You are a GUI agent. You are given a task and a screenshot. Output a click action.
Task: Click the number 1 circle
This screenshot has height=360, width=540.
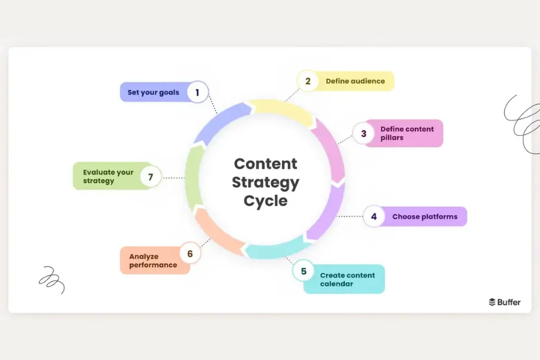coord(197,92)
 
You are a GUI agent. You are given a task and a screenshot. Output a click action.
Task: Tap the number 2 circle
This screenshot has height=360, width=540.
coord(308,81)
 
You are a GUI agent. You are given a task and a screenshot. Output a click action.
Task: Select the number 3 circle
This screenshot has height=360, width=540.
coord(363,134)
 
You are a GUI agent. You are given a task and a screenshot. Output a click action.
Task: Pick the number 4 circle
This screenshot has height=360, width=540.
coord(374,217)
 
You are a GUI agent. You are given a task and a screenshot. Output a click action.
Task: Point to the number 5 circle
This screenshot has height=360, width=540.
coord(303,271)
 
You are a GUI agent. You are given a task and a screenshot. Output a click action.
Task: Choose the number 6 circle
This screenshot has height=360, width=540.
coord(190,253)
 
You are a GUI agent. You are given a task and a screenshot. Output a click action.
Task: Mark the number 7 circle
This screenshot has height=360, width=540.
coord(150,177)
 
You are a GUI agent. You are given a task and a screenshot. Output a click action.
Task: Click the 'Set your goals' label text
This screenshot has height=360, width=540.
coord(153,92)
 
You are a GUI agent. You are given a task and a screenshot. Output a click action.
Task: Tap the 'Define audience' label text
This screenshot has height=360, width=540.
coord(355,81)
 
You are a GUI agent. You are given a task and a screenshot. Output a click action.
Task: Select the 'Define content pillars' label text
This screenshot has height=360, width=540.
coord(407,134)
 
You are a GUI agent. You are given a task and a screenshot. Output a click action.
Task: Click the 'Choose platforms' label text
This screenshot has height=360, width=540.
coord(425,217)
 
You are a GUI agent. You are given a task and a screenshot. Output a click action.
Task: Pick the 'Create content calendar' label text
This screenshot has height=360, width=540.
coord(347,279)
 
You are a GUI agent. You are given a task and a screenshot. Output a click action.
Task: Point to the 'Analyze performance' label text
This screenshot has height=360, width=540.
coord(153,261)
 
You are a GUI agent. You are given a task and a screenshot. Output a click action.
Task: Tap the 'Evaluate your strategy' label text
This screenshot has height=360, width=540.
coord(108,176)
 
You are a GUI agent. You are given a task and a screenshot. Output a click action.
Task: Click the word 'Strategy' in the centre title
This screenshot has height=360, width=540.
coord(265,183)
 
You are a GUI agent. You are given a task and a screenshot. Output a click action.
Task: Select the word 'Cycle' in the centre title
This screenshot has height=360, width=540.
coord(265,201)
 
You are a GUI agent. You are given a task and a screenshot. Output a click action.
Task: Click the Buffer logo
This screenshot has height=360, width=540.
coord(504,302)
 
